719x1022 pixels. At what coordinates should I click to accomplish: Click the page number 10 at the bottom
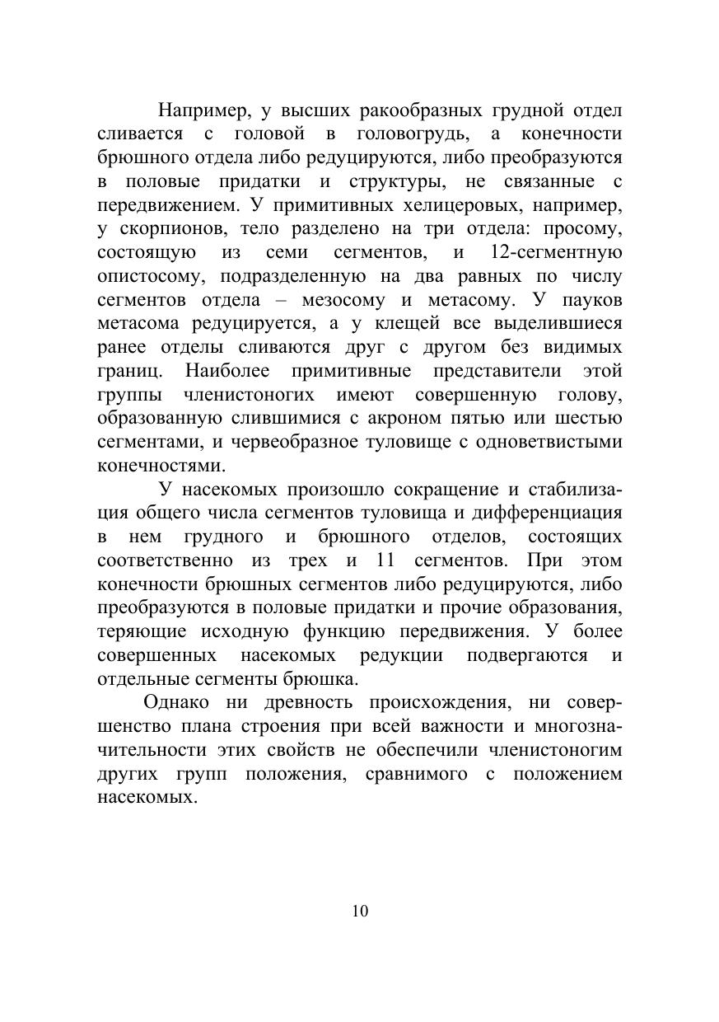pos(359,911)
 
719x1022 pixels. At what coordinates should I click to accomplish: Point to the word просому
pos(584,228)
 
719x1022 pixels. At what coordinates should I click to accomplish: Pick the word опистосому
pos(149,275)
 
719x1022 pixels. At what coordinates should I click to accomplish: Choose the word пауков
pos(592,299)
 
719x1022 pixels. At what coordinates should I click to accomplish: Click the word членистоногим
pos(553,750)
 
